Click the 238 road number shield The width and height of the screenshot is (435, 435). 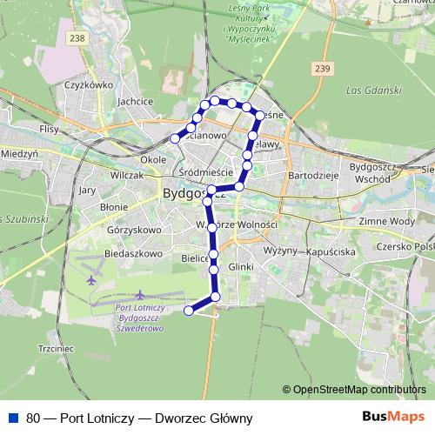[77, 38]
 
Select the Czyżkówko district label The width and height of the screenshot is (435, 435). [89, 85]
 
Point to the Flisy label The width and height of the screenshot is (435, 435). [49, 128]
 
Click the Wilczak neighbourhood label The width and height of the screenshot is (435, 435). [126, 175]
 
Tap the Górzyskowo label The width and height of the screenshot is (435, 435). [135, 231]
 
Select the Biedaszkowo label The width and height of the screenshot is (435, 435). [136, 254]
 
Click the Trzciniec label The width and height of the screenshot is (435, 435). [58, 349]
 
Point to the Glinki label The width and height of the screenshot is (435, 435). [241, 266]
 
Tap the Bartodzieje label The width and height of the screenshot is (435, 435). [312, 175]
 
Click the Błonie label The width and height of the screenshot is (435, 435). [114, 207]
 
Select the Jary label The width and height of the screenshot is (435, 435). [87, 189]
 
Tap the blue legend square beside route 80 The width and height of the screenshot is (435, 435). [13, 418]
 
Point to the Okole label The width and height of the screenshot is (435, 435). [153, 160]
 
